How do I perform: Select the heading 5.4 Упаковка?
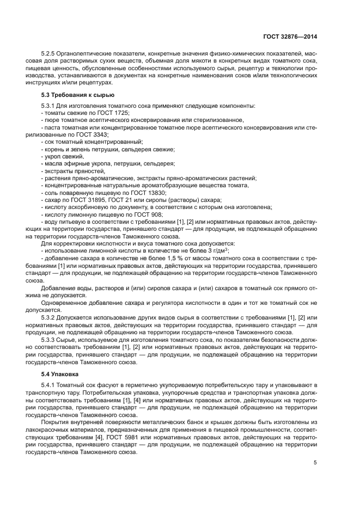pos(60,375)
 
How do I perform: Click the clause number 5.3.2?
pos(50,317)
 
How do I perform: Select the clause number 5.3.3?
pos(50,339)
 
